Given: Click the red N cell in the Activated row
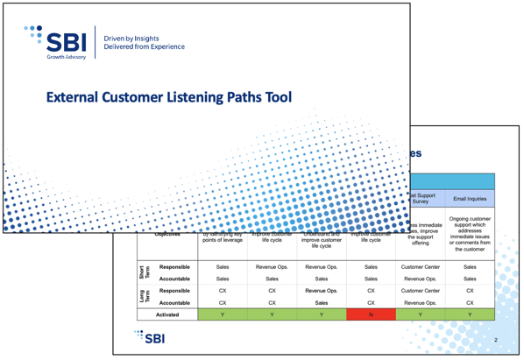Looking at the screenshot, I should click(x=371, y=314).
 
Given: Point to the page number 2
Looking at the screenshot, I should click(x=496, y=339).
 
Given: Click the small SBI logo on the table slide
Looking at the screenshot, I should click(x=150, y=337).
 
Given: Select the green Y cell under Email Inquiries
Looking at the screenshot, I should click(x=470, y=314).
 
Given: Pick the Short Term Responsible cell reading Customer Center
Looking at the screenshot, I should click(x=420, y=265).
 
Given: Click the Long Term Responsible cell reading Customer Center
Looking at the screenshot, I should click(x=420, y=290).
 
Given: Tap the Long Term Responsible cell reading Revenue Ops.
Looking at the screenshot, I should click(x=321, y=290).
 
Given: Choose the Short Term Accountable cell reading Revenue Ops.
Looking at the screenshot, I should click(x=420, y=278).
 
